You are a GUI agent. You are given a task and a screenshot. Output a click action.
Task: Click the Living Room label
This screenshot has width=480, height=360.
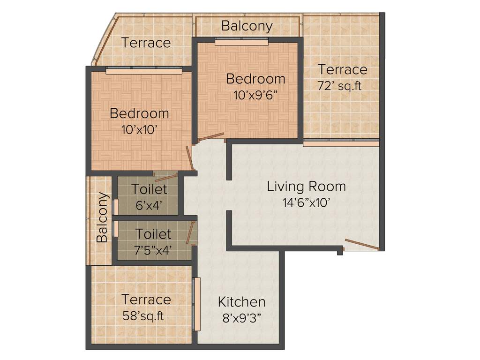pos(306,187)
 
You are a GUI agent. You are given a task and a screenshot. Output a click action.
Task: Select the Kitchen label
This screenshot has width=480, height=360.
pos(241,302)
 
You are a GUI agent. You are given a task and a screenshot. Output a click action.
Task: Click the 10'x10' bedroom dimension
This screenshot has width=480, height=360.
pos(139,130)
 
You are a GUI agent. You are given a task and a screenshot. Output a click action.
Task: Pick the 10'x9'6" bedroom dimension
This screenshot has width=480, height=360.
pos(256,95)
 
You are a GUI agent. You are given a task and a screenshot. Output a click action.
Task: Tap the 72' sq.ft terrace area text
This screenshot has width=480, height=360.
pos(341,86)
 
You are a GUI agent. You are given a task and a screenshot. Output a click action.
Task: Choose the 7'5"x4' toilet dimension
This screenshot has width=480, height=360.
pos(153,250)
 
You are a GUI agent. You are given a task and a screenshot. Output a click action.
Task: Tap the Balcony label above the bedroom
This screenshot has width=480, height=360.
pos(247,26)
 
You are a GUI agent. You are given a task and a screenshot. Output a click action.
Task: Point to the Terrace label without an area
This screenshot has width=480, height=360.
pos(146,43)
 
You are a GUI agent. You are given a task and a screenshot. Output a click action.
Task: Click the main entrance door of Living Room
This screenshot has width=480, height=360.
pos(362,245)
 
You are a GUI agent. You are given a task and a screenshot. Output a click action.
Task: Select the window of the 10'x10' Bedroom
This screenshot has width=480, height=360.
pos(143,71)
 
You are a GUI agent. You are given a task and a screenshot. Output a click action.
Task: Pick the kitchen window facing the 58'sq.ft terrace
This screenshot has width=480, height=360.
pos(197,304)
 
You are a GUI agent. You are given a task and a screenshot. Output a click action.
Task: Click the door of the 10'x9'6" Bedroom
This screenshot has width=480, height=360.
pos(210,137)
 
